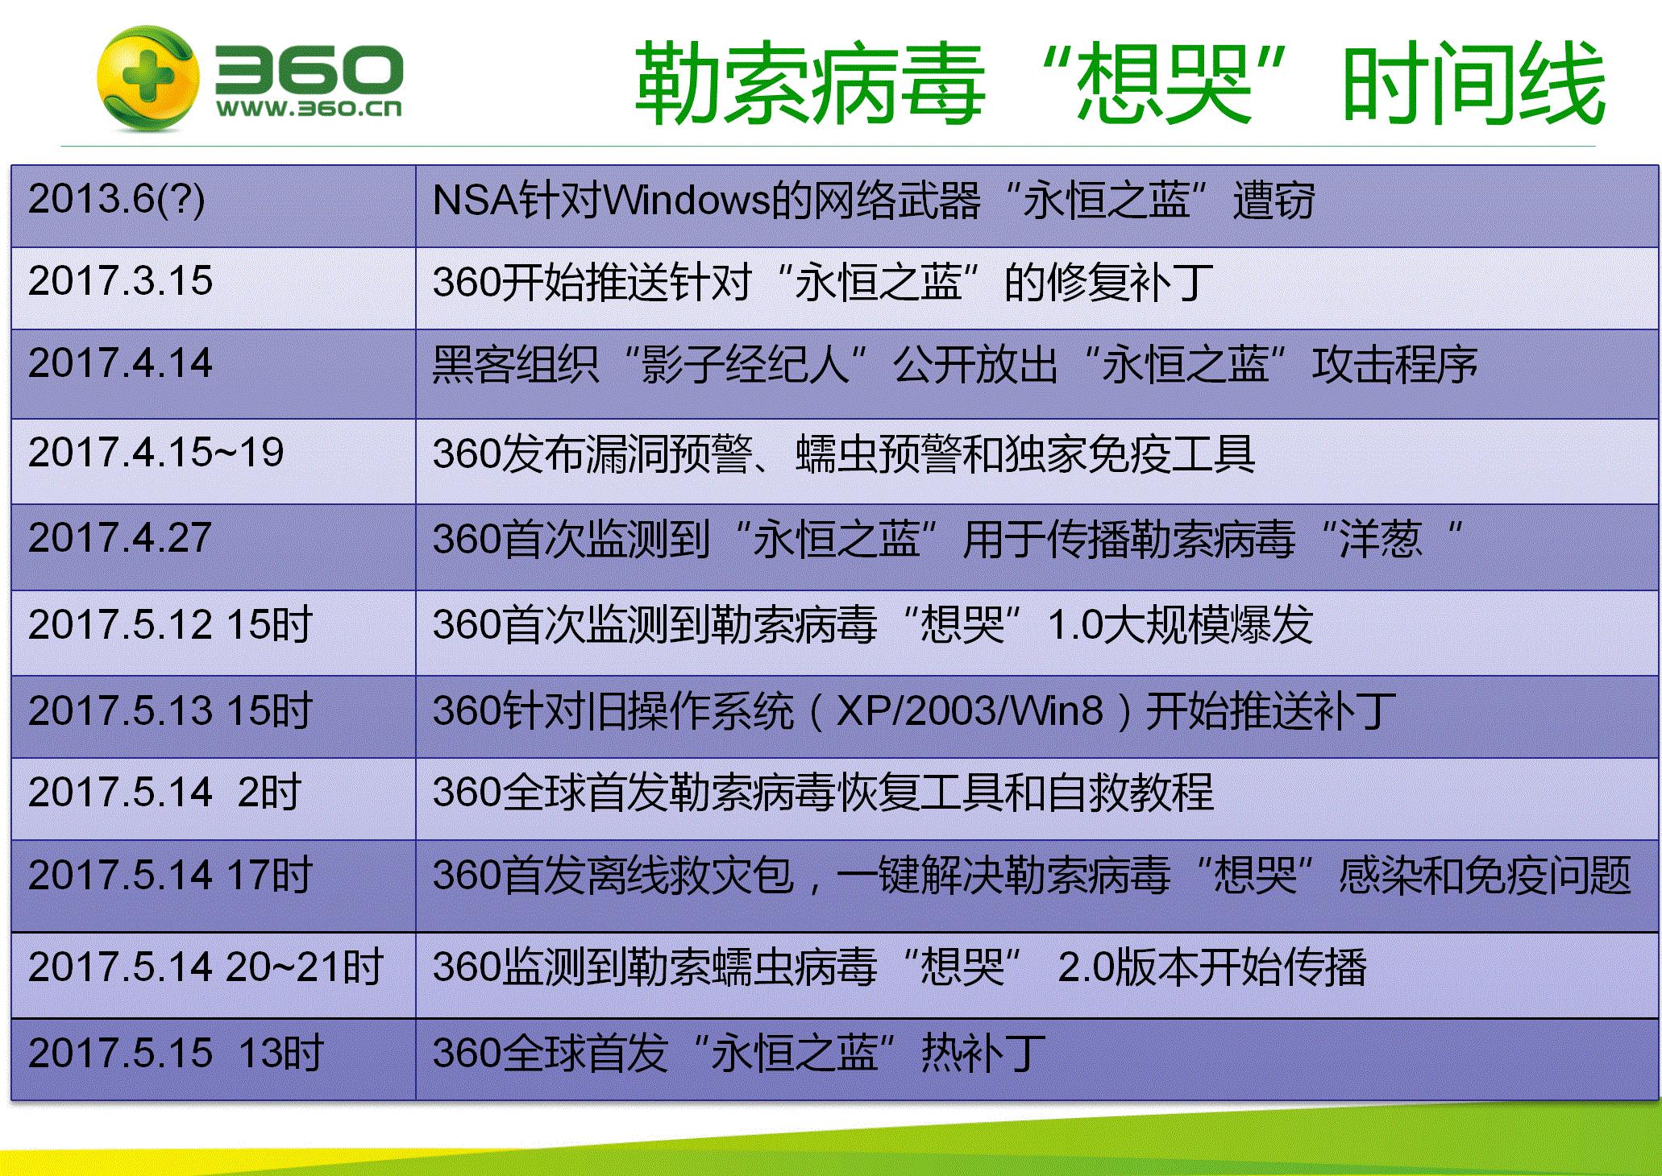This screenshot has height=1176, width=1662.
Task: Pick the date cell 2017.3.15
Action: click(121, 281)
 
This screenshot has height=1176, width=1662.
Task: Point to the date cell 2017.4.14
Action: click(121, 363)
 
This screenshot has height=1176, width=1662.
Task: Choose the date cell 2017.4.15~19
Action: click(156, 453)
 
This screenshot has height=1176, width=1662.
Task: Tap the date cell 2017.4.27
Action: click(121, 538)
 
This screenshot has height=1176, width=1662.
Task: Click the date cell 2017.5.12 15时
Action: click(170, 625)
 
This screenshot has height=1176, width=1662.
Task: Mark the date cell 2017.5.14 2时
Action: click(164, 793)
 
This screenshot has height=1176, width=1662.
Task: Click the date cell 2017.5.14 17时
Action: click(170, 876)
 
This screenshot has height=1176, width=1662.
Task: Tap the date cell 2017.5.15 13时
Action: click(176, 1053)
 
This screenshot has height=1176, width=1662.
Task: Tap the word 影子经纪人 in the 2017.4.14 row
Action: click(746, 364)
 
